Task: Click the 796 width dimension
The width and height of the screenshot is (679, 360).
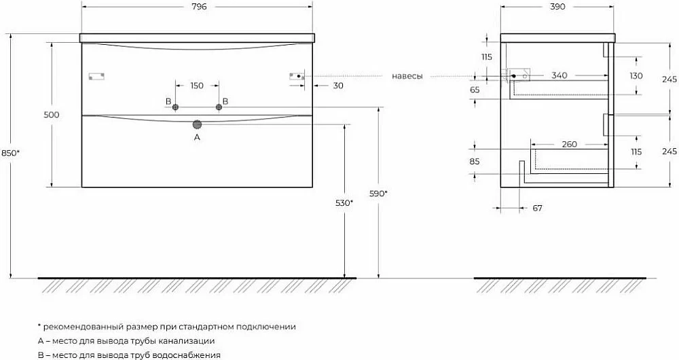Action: [x=197, y=7]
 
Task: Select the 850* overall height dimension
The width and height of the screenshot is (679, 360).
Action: [x=11, y=153]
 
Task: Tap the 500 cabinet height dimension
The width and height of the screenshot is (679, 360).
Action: [x=52, y=115]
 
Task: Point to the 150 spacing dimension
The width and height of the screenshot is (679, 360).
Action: [x=197, y=86]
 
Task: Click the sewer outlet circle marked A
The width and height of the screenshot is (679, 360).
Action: [x=197, y=125]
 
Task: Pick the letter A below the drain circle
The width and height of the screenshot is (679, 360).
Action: [x=197, y=137]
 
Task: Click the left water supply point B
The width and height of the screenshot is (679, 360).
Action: [x=175, y=107]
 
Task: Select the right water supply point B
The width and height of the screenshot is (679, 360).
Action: [x=219, y=107]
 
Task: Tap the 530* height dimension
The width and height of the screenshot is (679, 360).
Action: [x=345, y=202]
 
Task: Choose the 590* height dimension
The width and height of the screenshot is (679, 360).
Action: [x=378, y=194]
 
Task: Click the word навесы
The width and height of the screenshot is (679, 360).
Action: [x=407, y=76]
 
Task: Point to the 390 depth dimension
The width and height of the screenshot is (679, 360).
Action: [x=557, y=7]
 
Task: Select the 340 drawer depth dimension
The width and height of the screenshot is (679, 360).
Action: [x=559, y=75]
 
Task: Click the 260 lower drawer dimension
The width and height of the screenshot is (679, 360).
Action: [x=569, y=144]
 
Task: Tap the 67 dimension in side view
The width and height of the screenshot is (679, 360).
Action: [x=537, y=208]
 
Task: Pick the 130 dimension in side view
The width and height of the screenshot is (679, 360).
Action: [x=636, y=76]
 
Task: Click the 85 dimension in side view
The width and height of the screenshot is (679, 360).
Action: [x=475, y=161]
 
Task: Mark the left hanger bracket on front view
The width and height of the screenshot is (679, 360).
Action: [x=96, y=77]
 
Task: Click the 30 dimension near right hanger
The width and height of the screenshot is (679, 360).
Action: [x=338, y=86]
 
